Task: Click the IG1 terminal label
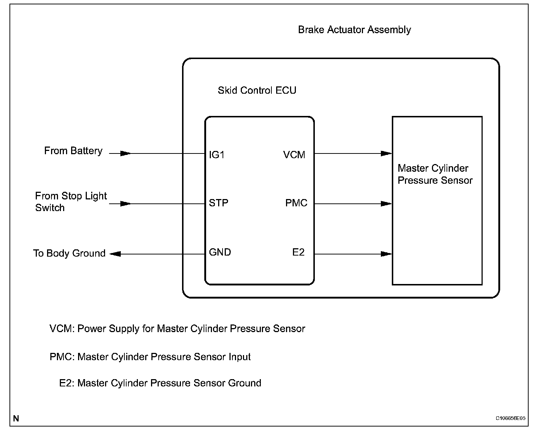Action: [x=217, y=155]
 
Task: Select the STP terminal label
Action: [x=219, y=203]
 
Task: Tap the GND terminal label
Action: [x=220, y=252]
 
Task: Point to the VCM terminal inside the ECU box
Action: [x=294, y=155]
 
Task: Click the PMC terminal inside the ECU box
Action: [x=296, y=203]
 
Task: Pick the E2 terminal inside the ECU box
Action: [x=298, y=252]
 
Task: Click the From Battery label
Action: [x=73, y=151]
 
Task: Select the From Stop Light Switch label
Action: [x=71, y=202]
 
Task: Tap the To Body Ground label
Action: [x=69, y=253]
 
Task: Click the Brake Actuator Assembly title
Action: [x=354, y=30]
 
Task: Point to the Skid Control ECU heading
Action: [x=257, y=90]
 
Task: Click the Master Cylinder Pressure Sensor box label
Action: [x=435, y=174]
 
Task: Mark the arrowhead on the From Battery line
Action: [x=125, y=154]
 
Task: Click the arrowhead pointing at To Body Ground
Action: [x=115, y=254]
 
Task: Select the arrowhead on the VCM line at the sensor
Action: [x=386, y=153]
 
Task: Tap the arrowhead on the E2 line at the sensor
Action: [x=386, y=254]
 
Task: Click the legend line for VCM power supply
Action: [x=177, y=329]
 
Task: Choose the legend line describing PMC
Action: [x=150, y=357]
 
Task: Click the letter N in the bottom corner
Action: [x=16, y=419]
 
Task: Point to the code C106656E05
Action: [x=510, y=419]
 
